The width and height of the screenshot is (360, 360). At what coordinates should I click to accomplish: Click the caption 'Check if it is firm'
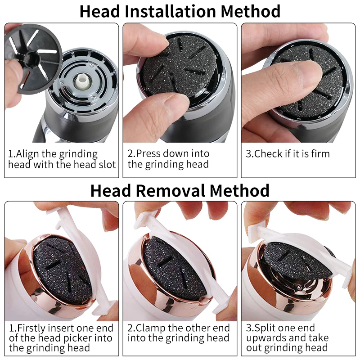tap(288, 154)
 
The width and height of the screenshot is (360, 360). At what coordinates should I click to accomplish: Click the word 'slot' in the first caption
tap(107, 165)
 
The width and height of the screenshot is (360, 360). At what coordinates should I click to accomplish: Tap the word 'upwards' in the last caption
tap(265, 338)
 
